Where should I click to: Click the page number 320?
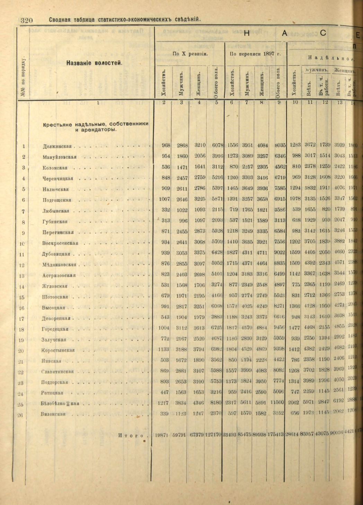[x=26, y=20]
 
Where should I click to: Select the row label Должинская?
[x=57, y=146]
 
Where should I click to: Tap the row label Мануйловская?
[x=59, y=157]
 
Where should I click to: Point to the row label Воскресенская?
[x=60, y=243]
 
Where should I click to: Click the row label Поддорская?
[x=54, y=382]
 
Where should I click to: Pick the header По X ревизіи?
[x=190, y=54]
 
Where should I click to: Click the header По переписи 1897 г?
[x=256, y=54]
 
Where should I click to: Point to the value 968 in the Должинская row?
[x=166, y=145]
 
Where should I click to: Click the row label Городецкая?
[x=55, y=329]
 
